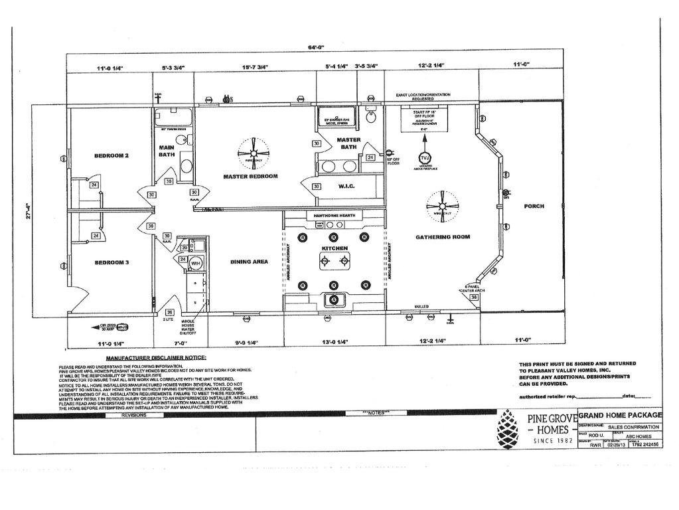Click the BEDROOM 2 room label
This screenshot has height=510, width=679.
111,155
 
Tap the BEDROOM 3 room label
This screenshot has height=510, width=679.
111,262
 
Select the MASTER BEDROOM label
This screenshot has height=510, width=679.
250,176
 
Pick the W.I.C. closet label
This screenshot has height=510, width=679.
346,187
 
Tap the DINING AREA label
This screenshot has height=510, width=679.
249,262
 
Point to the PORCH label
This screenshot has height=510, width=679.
534,206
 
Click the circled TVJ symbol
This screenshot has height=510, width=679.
425,158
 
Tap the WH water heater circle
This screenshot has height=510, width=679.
196,264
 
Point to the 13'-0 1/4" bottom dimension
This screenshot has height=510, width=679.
334,344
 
